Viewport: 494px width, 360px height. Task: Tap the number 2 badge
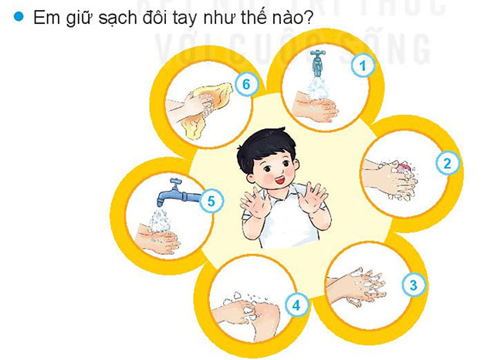point(446,163)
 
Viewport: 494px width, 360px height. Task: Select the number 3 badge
point(414,284)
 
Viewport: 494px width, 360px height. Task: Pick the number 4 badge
point(296,304)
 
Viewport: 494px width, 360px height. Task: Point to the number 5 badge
point(211,202)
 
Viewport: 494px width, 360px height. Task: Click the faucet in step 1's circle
point(317,59)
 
